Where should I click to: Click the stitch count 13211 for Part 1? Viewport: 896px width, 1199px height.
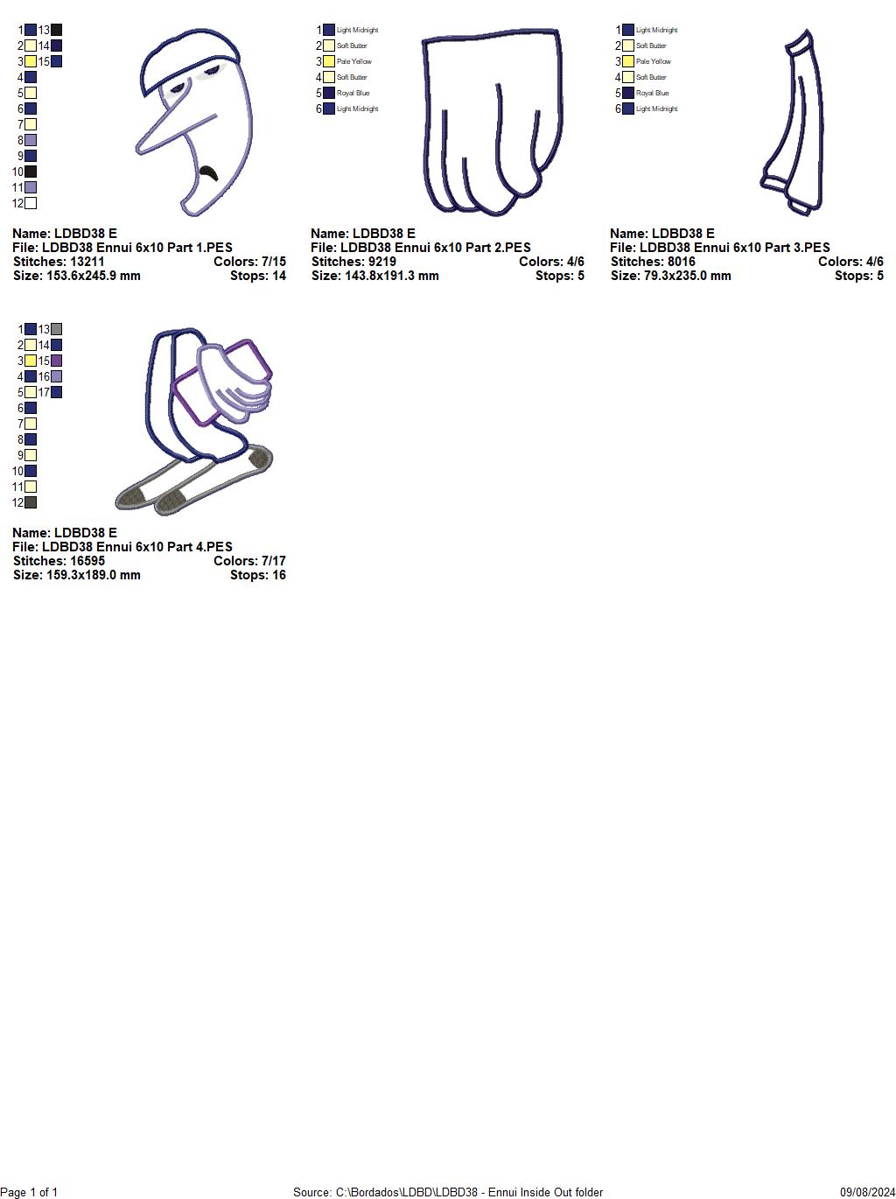[87, 262]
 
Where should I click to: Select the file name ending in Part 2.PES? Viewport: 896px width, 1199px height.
[420, 248]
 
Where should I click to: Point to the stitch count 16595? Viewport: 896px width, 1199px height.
[87, 561]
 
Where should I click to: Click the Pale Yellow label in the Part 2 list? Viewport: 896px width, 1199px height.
[354, 62]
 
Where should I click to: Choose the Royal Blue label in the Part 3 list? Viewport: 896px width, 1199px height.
[653, 94]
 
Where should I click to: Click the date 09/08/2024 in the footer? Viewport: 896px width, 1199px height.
[867, 1192]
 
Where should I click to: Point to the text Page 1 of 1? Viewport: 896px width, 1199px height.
[30, 1192]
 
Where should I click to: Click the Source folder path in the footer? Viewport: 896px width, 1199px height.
[447, 1192]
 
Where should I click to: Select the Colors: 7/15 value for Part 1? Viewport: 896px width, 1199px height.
[249, 262]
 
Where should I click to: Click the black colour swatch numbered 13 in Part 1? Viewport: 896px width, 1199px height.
[56, 31]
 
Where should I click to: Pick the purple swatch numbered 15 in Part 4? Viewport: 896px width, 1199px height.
[56, 361]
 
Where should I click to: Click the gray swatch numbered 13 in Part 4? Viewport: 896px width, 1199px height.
[56, 330]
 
